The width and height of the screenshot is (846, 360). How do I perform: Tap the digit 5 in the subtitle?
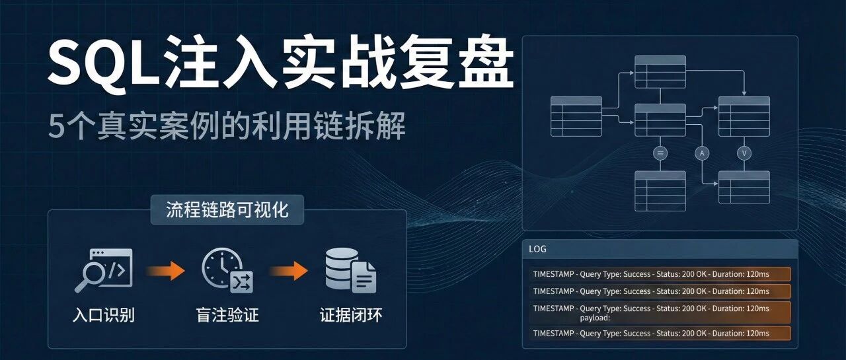57,126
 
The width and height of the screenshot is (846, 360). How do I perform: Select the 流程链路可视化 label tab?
227,210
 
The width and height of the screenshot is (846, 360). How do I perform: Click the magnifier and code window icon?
103,270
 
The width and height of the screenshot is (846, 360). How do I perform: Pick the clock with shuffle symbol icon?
227,270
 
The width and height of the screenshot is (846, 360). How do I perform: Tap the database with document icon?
351,270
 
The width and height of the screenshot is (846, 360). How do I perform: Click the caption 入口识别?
104,315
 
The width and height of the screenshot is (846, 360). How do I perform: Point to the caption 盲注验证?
227,315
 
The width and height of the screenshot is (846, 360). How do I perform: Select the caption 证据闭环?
351,315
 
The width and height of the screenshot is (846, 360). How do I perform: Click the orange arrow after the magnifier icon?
165,271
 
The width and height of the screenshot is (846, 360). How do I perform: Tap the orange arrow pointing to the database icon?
289,271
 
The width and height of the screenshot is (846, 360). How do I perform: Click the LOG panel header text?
537,249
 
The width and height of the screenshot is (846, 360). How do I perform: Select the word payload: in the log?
595,318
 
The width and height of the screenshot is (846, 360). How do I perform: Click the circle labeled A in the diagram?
702,153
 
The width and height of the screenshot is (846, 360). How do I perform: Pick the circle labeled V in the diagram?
744,153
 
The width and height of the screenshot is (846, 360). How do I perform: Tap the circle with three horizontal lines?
660,153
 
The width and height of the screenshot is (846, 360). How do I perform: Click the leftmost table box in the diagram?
576,116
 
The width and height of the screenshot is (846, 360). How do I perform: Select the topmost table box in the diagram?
660,72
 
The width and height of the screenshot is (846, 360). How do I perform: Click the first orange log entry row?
660,274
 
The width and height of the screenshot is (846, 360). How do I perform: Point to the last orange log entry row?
660,333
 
